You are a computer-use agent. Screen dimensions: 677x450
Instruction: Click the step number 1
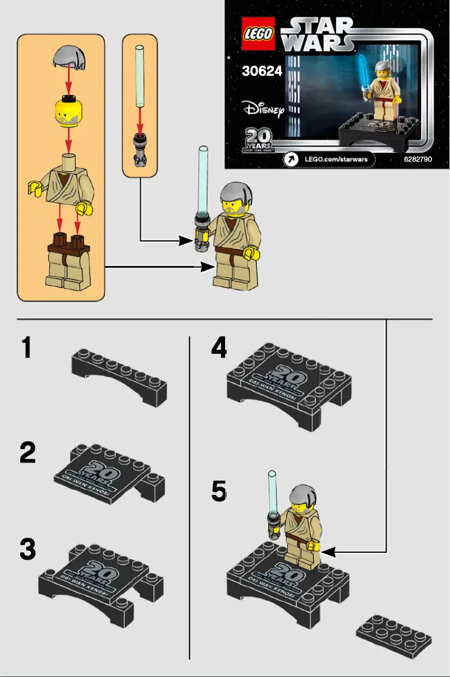pos(26,347)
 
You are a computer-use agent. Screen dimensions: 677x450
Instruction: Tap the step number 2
pos(27,452)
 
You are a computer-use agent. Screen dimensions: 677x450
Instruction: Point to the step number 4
pos(219,347)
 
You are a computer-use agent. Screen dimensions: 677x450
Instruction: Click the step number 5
pos(219,492)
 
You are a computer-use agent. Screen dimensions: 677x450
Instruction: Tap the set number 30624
pos(261,72)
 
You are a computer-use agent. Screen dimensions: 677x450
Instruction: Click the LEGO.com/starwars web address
pos(336,159)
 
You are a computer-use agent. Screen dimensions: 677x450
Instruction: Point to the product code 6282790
pos(417,159)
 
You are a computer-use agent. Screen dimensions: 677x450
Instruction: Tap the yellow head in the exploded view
pos(68,110)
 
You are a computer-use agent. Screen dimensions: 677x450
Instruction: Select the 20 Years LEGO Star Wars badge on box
pos(258,140)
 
